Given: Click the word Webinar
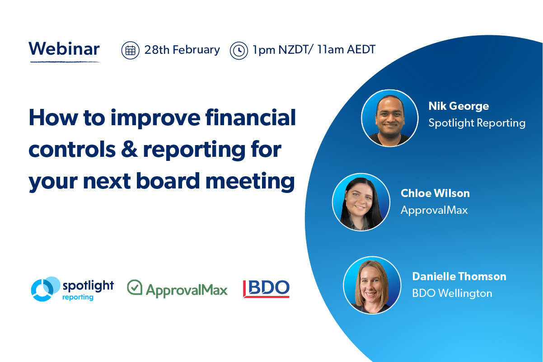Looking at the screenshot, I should pos(64,49).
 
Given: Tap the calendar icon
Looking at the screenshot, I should pos(130,50).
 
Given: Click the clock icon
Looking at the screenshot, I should pos(239,50).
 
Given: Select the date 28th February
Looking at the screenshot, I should pos(182,50).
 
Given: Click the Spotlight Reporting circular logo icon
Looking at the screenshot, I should pos(45,289).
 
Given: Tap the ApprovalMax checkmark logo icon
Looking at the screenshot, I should pos(135,287).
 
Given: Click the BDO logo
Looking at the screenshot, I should pos(266,289).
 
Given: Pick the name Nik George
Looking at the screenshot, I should pos(459,106).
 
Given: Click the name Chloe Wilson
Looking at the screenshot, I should pos(435,193).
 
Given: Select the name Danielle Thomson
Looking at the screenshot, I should pos(459,276).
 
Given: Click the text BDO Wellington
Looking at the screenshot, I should pos(452,293).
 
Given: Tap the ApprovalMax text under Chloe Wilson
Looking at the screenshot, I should pos(434,210).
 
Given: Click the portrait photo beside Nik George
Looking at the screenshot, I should pos(389,118).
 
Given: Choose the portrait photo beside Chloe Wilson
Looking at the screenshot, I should pos(360,202).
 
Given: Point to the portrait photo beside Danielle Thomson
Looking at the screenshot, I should pos(372,285).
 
